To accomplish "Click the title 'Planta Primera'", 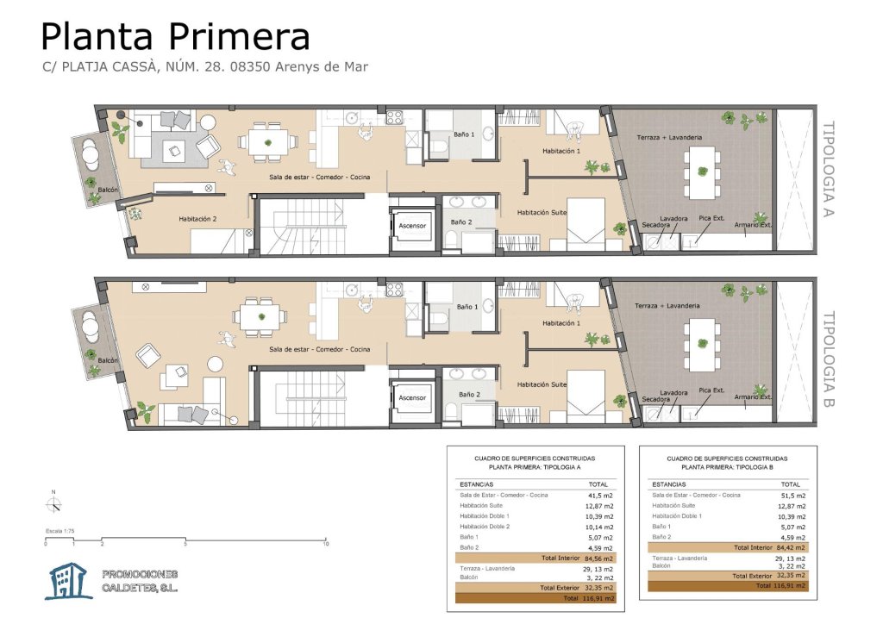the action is pos(175,36).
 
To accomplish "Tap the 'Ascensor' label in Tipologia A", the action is pos(412,226).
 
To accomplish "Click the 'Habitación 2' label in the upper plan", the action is pos(197,219).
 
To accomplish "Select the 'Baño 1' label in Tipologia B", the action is pos(467,307).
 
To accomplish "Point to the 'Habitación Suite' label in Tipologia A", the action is pos(542,213).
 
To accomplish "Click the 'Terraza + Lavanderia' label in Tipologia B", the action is pos(667,306).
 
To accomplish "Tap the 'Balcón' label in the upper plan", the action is pos(108,190).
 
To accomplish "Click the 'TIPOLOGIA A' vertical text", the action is pos(829,170).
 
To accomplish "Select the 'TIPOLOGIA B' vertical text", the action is pos(829,359).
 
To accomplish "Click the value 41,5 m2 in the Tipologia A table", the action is pos(601,496).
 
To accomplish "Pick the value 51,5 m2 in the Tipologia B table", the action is pos(793,496).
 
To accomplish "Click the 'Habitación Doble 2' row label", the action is pos(485,527).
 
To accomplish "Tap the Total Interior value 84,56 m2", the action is pos(600,558).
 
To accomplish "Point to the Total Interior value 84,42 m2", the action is pos(792,547).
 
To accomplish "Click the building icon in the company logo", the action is pos(69,581).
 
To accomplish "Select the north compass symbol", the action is pos(54,505).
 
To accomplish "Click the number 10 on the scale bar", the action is pos(325,544).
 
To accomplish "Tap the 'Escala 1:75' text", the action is pos(59,531).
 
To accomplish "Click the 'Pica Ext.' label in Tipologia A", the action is pos(711,218).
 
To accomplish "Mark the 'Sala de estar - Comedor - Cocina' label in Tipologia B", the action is pos(319,349).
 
